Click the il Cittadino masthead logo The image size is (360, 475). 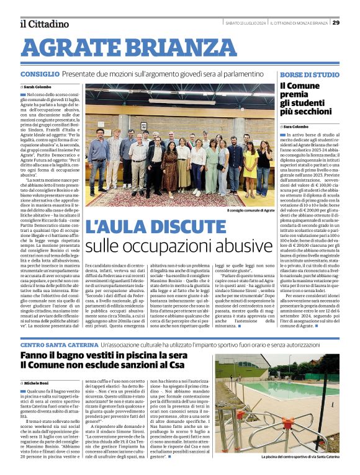44,24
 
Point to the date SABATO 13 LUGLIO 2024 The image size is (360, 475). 245,23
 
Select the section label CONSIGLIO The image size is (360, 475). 40,74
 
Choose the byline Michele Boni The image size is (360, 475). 38,384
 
